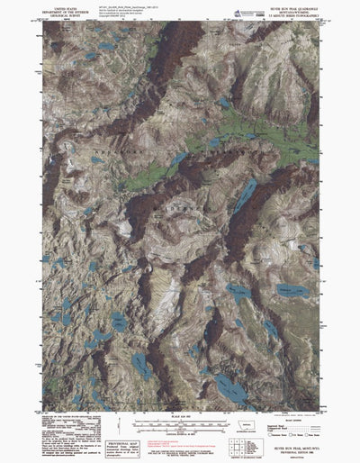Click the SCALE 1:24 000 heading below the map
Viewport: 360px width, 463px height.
180,413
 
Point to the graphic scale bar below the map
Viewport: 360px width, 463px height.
180,420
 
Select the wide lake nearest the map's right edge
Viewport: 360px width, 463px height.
289,290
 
